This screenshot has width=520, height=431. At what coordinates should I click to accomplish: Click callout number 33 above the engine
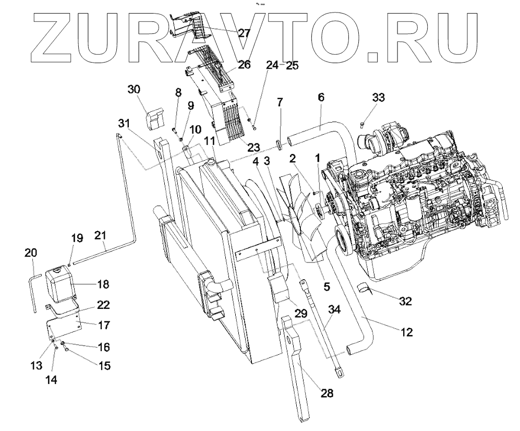pos(379,97)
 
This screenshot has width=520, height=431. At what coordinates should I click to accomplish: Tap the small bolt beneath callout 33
pos(362,123)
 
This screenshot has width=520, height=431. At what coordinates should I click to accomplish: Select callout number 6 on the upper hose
pos(321,97)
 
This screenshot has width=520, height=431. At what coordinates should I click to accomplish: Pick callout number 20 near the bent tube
pos(31,253)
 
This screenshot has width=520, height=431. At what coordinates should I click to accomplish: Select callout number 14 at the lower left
pos(50,380)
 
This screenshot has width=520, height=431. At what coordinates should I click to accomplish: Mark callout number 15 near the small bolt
pos(104,366)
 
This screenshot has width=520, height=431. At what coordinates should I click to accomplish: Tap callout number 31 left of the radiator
pos(124,123)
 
